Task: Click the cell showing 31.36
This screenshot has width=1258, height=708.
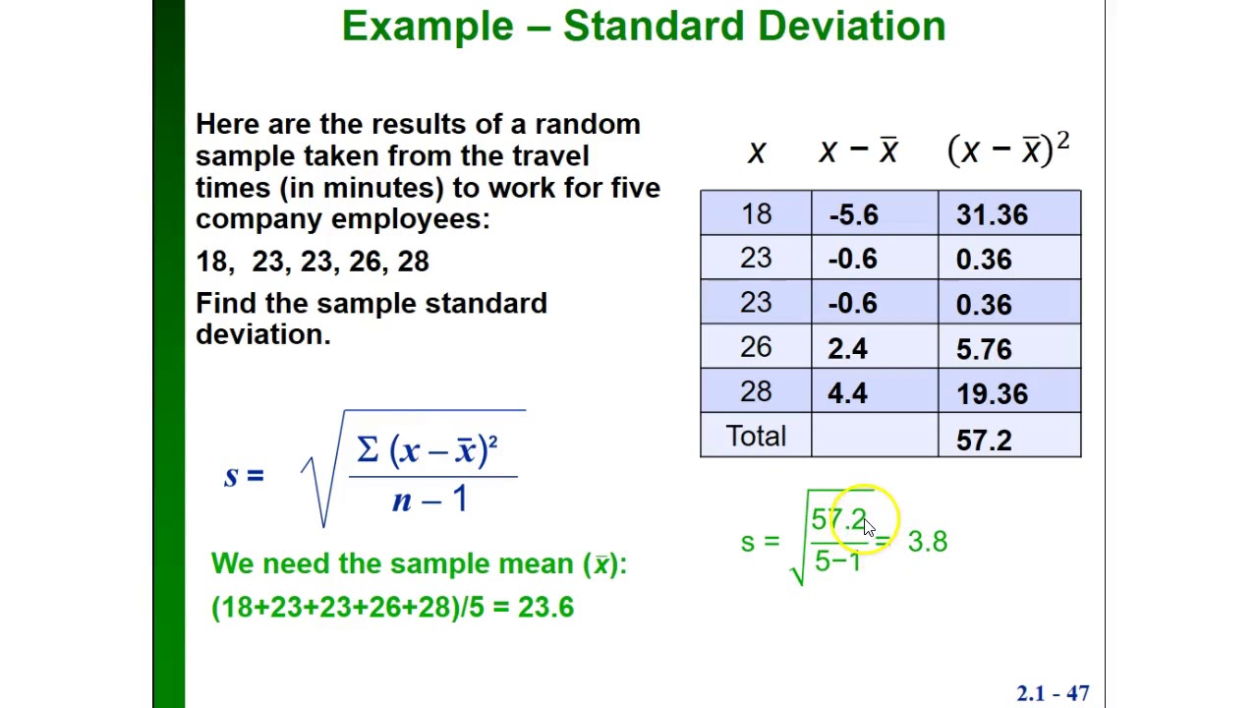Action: pyautogui.click(x=992, y=215)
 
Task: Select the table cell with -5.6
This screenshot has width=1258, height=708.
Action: pyautogui.click(x=853, y=215)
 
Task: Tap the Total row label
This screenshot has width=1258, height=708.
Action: pyautogui.click(x=756, y=437)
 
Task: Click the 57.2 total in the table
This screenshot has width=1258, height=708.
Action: pyautogui.click(x=984, y=440)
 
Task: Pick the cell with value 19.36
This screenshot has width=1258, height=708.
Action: pyautogui.click(x=992, y=394)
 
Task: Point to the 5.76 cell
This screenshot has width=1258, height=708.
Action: pyautogui.click(x=984, y=349)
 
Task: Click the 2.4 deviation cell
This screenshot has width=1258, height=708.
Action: pyautogui.click(x=847, y=349)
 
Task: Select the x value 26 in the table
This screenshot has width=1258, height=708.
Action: pyautogui.click(x=756, y=347)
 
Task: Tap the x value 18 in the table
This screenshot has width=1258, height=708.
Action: pyautogui.click(x=756, y=214)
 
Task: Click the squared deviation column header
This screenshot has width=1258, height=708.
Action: pyautogui.click(x=1007, y=149)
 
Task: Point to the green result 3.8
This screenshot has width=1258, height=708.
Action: pyautogui.click(x=927, y=542)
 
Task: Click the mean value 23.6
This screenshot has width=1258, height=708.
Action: pyautogui.click(x=545, y=607)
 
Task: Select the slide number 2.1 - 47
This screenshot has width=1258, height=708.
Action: pyautogui.click(x=1053, y=693)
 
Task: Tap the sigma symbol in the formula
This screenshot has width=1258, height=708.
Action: pyautogui.click(x=368, y=450)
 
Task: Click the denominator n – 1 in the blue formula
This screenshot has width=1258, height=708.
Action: pyautogui.click(x=429, y=500)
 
